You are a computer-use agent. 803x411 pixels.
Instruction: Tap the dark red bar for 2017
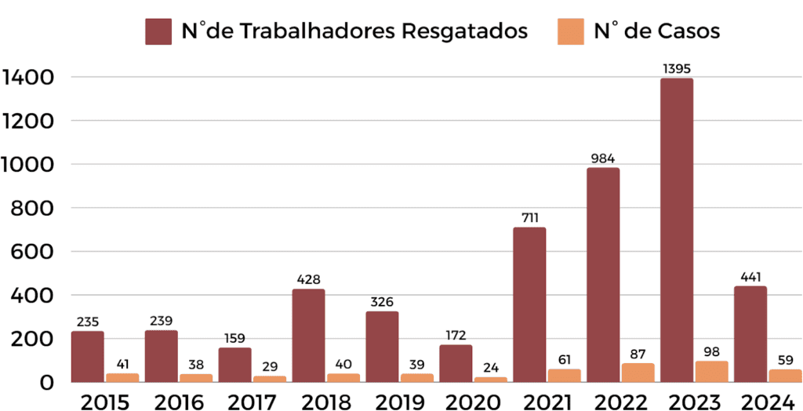pyautogui.click(x=235, y=365)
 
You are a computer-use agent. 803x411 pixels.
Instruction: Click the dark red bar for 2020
pyautogui.click(x=456, y=363)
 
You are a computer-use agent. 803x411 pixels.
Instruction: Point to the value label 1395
pyautogui.click(x=676, y=69)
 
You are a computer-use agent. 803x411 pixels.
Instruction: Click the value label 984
pyautogui.click(x=603, y=158)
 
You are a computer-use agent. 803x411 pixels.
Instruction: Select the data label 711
pyautogui.click(x=529, y=218)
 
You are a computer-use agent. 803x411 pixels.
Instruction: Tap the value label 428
pyautogui.click(x=308, y=279)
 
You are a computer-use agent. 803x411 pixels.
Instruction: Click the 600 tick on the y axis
pyautogui.click(x=35, y=253)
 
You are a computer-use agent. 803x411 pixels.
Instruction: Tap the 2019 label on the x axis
pyautogui.click(x=399, y=401)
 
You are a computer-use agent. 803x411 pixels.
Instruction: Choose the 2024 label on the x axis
pyautogui.click(x=767, y=401)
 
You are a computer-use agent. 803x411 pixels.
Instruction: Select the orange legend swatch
pyautogui.click(x=570, y=32)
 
